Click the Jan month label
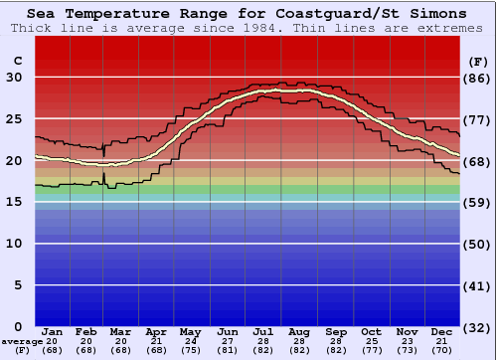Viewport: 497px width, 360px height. pyautogui.click(x=53, y=331)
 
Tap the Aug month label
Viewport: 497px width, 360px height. pyautogui.click(x=298, y=331)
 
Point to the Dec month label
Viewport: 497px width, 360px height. pyautogui.click(x=442, y=331)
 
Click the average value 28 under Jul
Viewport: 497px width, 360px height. pyautogui.click(x=263, y=341)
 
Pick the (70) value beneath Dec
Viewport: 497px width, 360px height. pyautogui.click(x=442, y=350)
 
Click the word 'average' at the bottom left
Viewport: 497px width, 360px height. pyautogui.click(x=22, y=341)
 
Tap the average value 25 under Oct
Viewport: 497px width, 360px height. pyautogui.click(x=371, y=341)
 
